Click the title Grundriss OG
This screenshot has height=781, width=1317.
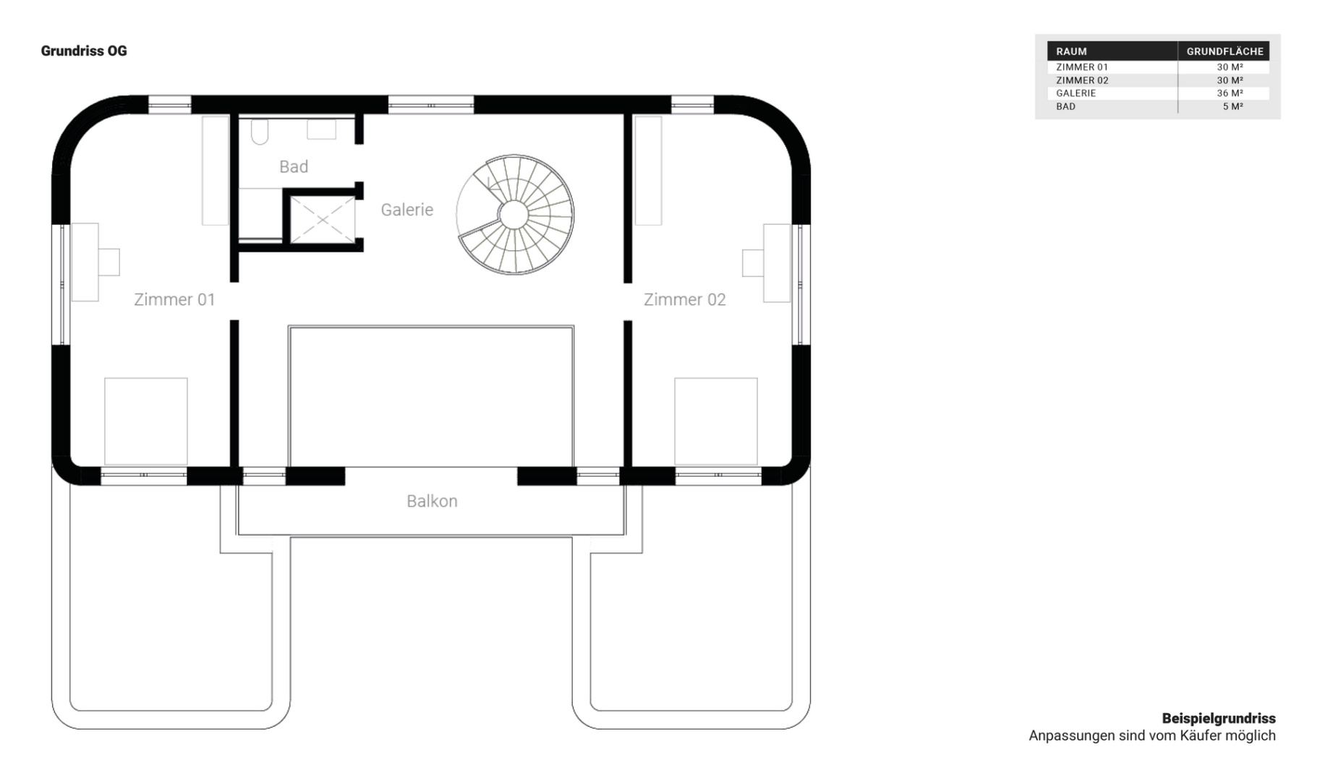click(84, 51)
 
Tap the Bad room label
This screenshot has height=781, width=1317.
click(294, 167)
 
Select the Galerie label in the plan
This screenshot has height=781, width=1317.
click(407, 210)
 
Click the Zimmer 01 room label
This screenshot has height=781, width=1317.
click(174, 299)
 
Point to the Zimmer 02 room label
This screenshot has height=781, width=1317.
click(684, 299)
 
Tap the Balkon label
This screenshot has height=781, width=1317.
click(432, 501)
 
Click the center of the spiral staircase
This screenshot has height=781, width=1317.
click(514, 215)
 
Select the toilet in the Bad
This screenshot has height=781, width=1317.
click(260, 132)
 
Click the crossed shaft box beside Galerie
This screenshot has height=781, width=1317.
click(323, 219)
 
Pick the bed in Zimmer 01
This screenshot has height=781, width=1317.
click(146, 421)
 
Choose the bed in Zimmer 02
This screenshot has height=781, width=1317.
click(716, 421)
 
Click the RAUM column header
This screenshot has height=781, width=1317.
click(1071, 51)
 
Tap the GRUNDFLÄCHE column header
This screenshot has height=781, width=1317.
click(1224, 51)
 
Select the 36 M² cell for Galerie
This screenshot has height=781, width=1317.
click(1229, 93)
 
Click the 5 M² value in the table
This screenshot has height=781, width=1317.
click(1232, 106)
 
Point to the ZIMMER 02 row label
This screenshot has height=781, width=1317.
click(1082, 80)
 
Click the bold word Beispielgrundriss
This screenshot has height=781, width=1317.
click(1219, 719)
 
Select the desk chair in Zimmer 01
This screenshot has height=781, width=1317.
click(109, 262)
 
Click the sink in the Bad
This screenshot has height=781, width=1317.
click(321, 129)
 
